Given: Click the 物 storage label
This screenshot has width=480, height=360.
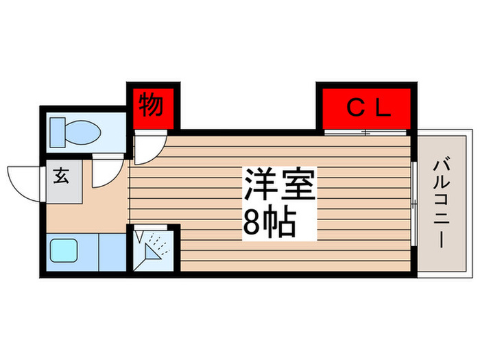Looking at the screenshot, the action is click(x=151, y=106).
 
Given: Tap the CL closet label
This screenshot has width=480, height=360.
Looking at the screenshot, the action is click(x=369, y=108).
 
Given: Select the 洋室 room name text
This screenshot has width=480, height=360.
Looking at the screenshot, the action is click(x=279, y=184).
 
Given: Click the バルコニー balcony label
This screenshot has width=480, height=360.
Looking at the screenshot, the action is click(x=442, y=202).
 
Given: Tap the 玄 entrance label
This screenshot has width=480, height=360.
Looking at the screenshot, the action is click(x=62, y=176).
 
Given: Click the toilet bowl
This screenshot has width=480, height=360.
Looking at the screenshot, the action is click(x=83, y=132).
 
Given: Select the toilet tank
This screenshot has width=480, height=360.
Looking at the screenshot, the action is click(x=58, y=132).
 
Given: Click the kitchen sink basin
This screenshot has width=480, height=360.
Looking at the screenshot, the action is click(x=63, y=250).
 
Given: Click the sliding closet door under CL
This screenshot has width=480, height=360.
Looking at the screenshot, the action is click(x=365, y=132).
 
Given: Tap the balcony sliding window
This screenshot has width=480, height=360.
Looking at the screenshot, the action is click(x=414, y=204).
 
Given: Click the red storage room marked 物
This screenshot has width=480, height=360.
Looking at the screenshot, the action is click(x=154, y=108).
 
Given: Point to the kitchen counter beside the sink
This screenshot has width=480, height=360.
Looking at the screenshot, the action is click(x=112, y=252).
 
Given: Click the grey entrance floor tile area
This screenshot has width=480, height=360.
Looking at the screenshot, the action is click(x=64, y=182).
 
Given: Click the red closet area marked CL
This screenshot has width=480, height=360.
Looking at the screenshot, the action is click(x=367, y=108).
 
